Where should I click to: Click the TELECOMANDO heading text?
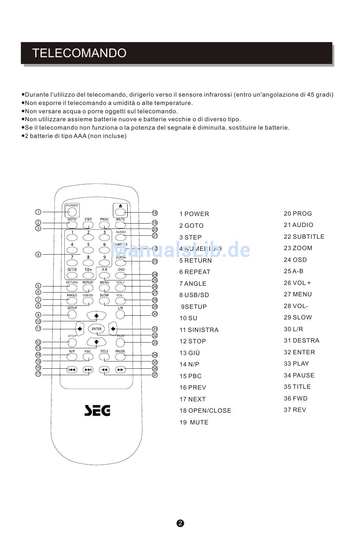tap(79, 53)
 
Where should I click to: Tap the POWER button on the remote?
tap(72, 212)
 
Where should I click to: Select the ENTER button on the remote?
tap(96, 329)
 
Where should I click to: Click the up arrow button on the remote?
tap(96, 315)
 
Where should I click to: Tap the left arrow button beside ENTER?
tap(80, 329)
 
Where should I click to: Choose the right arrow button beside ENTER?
tap(113, 329)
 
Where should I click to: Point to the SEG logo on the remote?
tap(97, 410)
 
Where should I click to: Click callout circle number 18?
tap(155, 213)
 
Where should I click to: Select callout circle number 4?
tap(38, 255)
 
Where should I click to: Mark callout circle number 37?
tap(155, 375)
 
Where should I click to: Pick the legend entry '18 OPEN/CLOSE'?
tap(205, 411)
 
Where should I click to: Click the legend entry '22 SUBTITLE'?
tap(304, 237)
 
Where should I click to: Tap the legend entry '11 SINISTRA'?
tap(199, 330)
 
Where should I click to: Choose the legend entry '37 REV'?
tap(295, 410)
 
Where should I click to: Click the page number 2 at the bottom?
tap(180, 523)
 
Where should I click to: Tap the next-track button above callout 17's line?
tap(88, 370)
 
